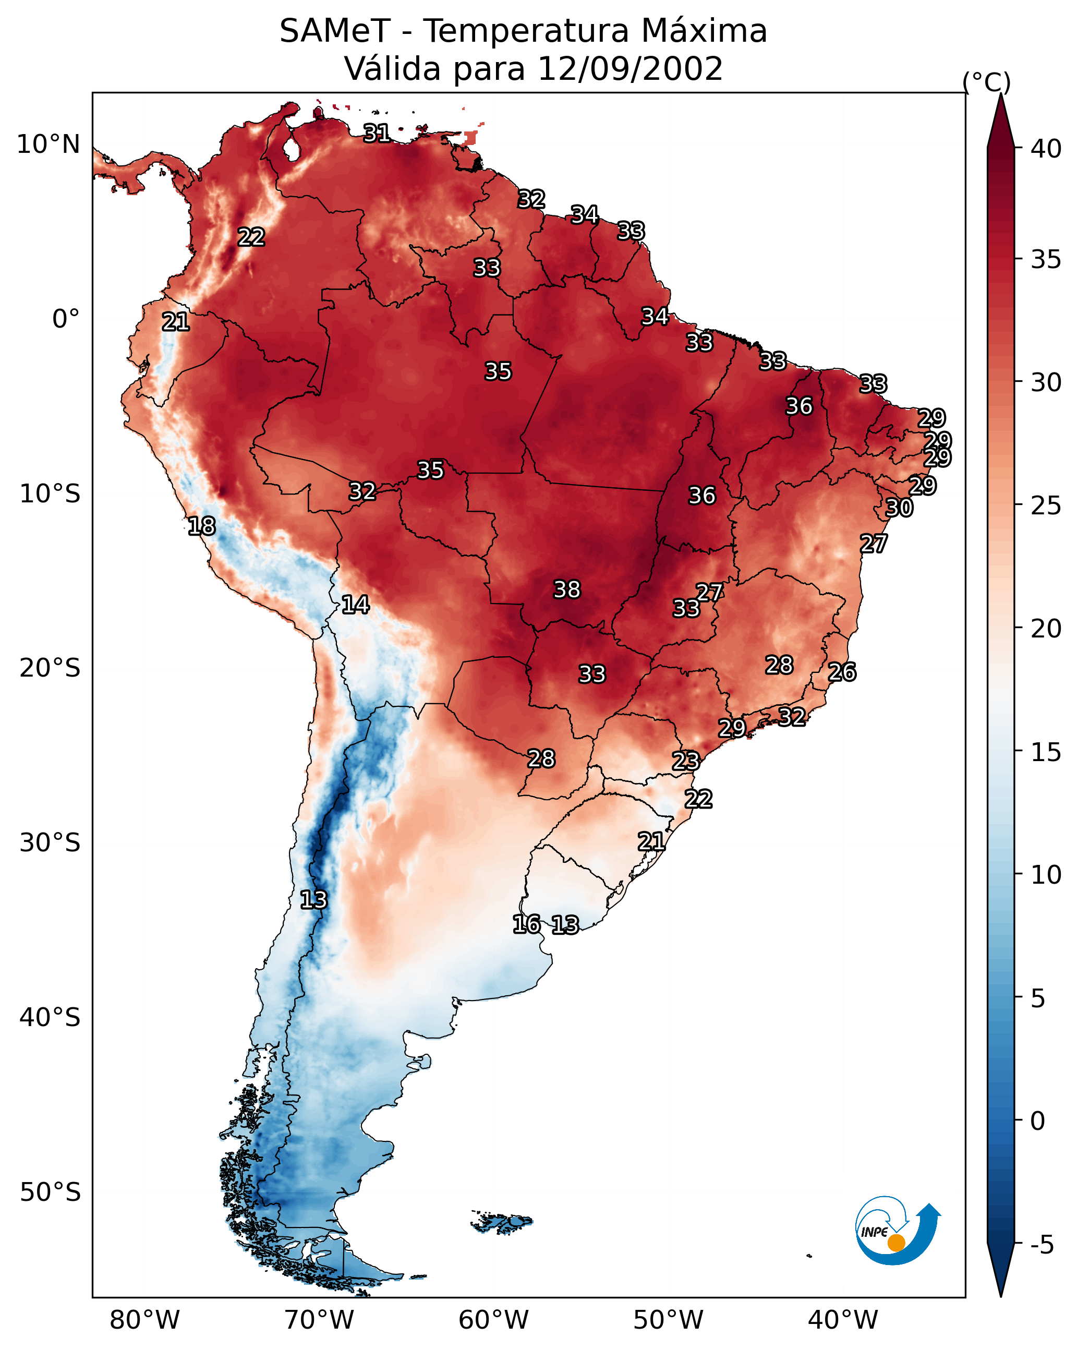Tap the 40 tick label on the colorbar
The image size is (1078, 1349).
pos(1046,149)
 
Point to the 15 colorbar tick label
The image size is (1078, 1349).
pos(1046,752)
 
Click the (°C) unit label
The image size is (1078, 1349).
pos(986,82)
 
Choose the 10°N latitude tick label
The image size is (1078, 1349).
pos(48,144)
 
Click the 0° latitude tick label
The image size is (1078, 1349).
pos(66,319)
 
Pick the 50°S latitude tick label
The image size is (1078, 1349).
pos(50,1192)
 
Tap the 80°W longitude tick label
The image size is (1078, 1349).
pos(144,1320)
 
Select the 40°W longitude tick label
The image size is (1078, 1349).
pos(843,1320)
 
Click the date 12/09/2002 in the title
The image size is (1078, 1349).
pos(630,69)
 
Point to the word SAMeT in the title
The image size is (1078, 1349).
pos(335,31)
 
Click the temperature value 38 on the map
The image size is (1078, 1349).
pos(567,589)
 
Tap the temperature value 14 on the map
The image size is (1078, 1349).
pos(355,605)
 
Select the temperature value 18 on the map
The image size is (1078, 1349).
pos(201,526)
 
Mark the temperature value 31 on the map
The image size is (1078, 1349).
pos(377,133)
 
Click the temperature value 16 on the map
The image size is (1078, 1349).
pos(526,924)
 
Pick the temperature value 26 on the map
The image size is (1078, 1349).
pos(842,672)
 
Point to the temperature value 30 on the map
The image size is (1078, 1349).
pos(899,508)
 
